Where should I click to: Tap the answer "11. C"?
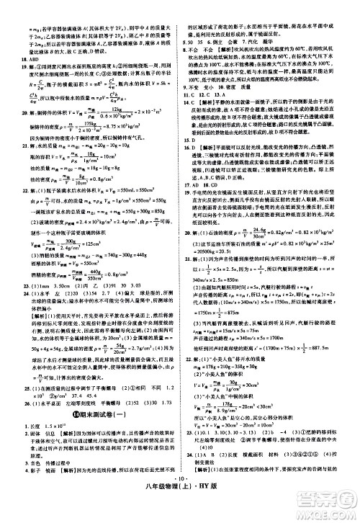191,94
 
